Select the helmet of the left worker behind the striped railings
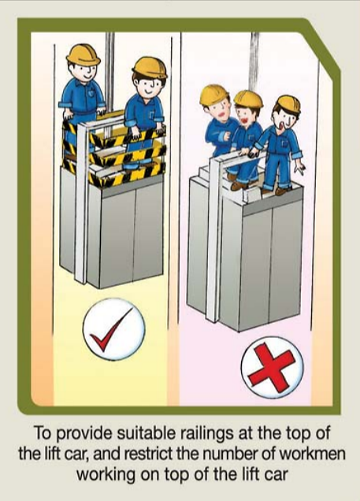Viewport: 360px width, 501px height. point(83,54)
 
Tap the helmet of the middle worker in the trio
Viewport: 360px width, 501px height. point(248,98)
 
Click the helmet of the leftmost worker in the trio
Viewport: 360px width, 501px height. point(213,95)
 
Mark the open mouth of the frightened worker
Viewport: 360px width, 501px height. point(284,122)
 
